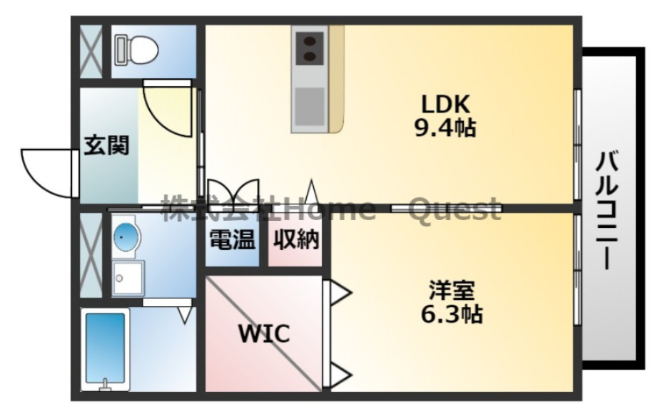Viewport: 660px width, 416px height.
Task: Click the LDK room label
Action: [x=446, y=104]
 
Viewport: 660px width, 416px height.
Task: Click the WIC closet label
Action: [x=263, y=333]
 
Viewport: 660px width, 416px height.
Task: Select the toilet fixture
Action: [x=136, y=51]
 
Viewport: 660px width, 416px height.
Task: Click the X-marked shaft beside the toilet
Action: [x=91, y=50]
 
